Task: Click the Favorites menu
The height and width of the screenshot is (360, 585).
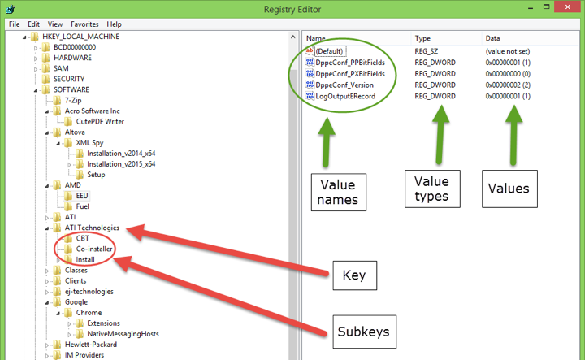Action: [x=84, y=24]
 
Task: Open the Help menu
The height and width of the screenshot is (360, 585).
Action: [x=114, y=24]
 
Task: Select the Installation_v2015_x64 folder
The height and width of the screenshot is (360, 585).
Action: [x=121, y=163]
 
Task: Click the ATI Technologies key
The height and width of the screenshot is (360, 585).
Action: [x=92, y=228]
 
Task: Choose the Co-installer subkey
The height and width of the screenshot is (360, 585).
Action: [x=94, y=249]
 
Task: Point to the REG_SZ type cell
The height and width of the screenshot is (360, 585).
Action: [x=427, y=50]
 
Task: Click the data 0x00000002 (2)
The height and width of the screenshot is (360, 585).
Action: [x=509, y=85]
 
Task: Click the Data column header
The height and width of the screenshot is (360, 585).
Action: [x=493, y=38]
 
